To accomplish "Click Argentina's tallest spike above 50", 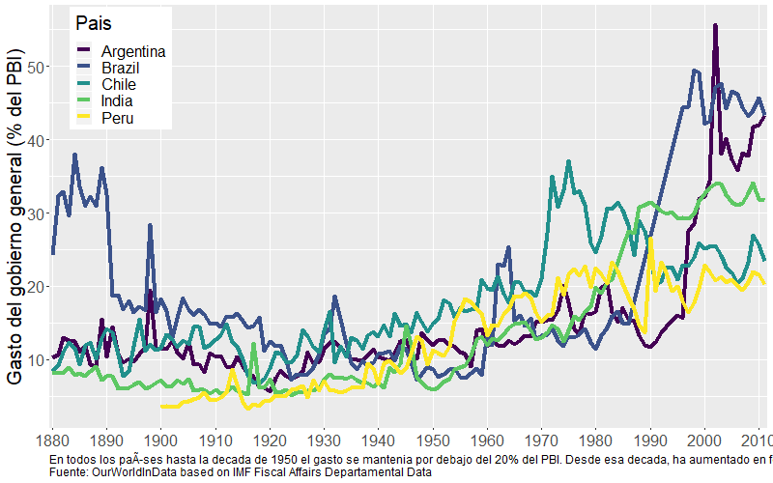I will coord(715,27).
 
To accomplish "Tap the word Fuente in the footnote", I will coord(68,473).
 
